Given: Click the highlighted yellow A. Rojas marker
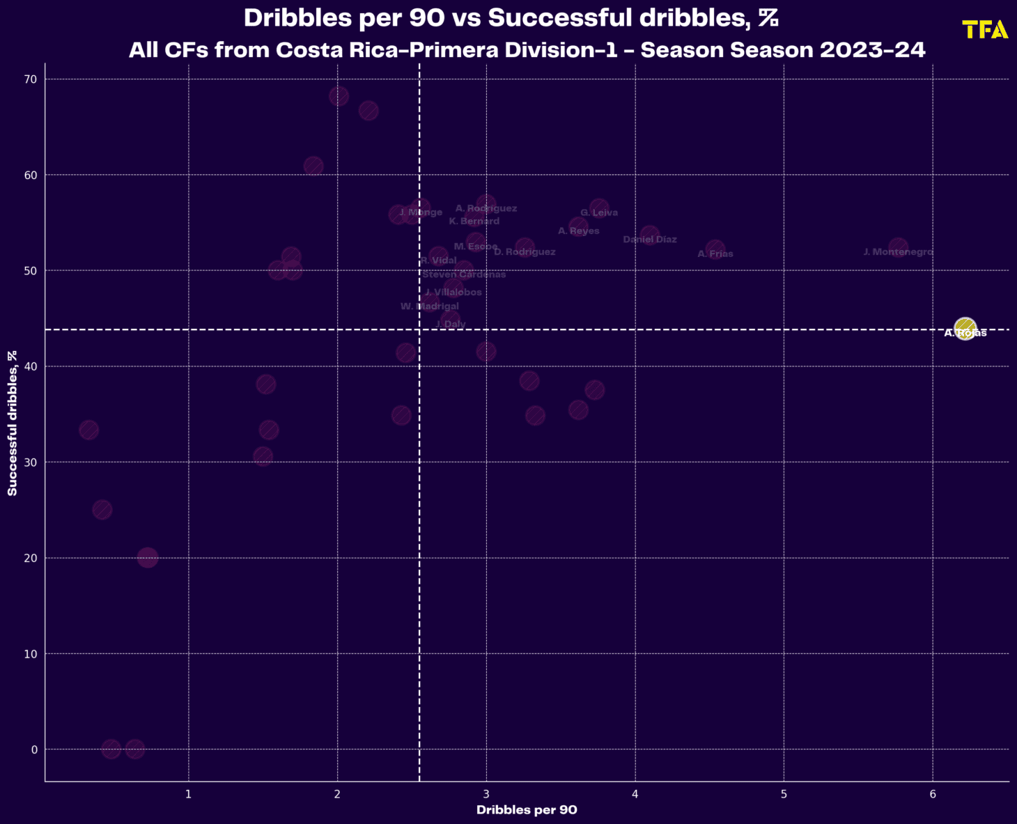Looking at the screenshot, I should click(965, 328).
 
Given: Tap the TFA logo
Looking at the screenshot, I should click(985, 30).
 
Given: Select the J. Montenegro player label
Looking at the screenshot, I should click(898, 252).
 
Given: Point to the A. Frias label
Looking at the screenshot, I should click(715, 254).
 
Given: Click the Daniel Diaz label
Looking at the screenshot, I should click(650, 240).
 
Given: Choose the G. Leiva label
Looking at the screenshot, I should click(599, 213).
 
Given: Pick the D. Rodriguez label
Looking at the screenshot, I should click(525, 252).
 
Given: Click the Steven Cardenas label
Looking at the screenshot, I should click(464, 274).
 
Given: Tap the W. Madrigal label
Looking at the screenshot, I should click(430, 306).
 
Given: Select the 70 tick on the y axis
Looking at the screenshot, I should click(31, 79).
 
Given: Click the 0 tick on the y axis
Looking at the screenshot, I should click(33, 750).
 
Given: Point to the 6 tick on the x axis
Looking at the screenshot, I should click(933, 794).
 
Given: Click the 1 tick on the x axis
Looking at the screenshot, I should click(189, 794).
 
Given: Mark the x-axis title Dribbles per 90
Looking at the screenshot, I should click(527, 810).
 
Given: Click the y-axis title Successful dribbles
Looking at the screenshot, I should click(13, 423).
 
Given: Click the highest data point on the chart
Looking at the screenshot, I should click(339, 96).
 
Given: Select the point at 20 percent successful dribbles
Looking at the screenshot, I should click(148, 557).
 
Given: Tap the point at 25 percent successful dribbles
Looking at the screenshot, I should click(102, 509).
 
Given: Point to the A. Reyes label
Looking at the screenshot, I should click(579, 231).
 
